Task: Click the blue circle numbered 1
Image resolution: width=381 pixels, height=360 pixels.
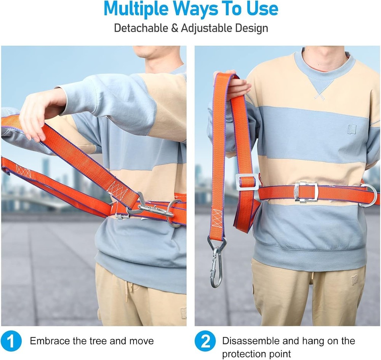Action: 11,341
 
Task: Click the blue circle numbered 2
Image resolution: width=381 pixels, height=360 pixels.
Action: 205,341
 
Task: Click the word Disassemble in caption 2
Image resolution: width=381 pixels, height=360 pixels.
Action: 251,341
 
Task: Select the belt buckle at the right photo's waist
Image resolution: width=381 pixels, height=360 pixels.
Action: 306,192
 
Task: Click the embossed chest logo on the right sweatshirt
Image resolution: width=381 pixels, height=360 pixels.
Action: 352,128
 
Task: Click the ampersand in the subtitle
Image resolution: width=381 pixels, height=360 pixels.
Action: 174,29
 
